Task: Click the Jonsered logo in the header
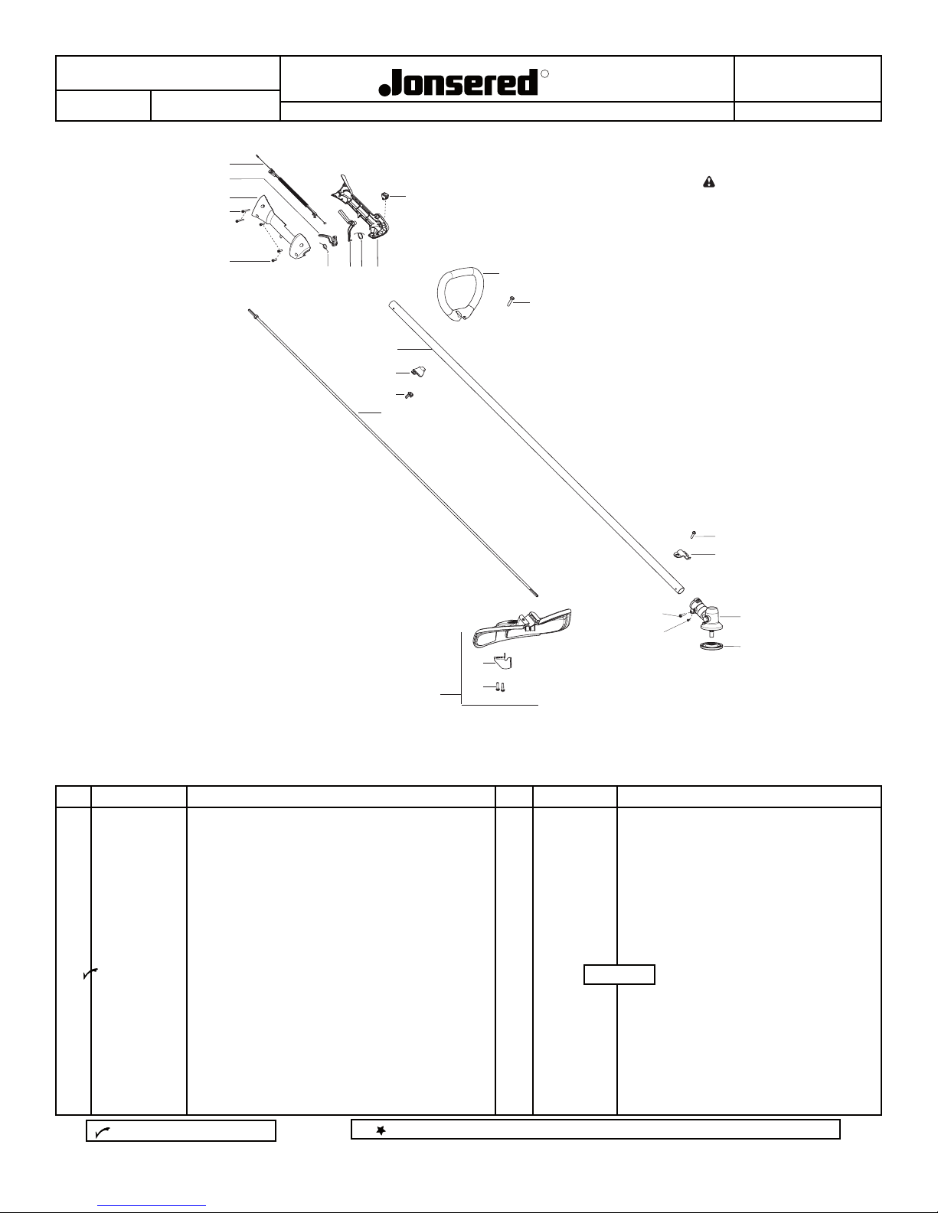[459, 82]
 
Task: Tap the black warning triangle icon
[709, 181]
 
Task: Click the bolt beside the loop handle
[509, 302]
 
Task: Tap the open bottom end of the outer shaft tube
[678, 589]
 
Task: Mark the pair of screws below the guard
[499, 687]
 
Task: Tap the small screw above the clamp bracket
[692, 535]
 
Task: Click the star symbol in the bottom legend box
[380, 1130]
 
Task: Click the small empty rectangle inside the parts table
[619, 974]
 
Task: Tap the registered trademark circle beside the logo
[544, 74]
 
